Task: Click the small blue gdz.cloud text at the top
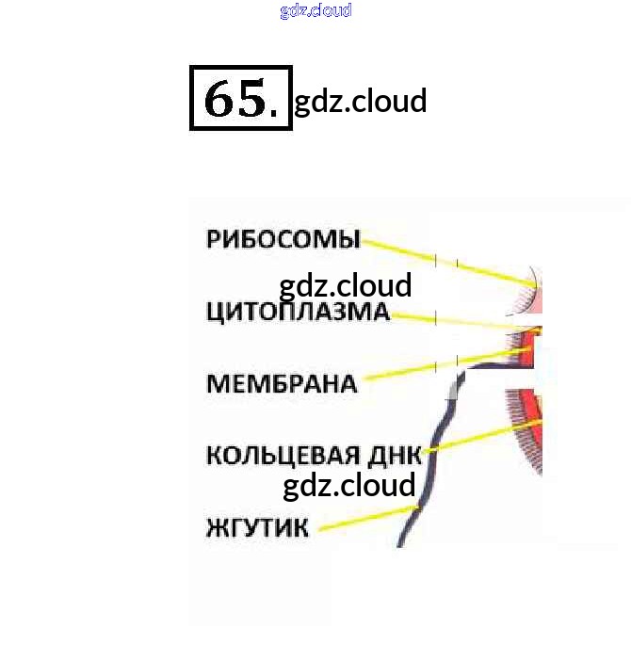(x=315, y=10)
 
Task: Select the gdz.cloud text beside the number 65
(x=361, y=101)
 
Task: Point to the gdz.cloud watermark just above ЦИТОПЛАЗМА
(x=346, y=285)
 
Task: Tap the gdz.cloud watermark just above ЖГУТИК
(x=348, y=486)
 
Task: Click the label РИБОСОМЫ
(x=283, y=239)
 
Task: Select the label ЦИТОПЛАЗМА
(x=297, y=312)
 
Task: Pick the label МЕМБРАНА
(x=282, y=383)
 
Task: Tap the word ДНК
(x=396, y=456)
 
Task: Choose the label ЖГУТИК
(x=257, y=527)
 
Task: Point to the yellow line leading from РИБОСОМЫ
(x=443, y=260)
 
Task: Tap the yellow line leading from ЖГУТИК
(x=367, y=519)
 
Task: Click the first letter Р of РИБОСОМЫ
(x=213, y=239)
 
